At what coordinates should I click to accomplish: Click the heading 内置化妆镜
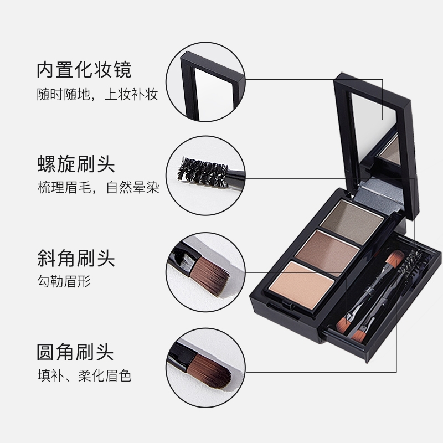click(x=84, y=70)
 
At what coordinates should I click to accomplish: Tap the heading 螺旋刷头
click(x=76, y=164)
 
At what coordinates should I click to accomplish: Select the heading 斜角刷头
click(x=76, y=258)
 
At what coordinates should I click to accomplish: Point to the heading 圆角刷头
click(x=75, y=352)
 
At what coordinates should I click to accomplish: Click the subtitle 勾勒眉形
click(x=64, y=281)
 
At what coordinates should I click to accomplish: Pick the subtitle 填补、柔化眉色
click(x=85, y=376)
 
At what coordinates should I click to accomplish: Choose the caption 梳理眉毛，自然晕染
click(x=99, y=187)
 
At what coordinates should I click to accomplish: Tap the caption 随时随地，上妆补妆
click(x=97, y=94)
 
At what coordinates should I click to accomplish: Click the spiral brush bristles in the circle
click(x=202, y=172)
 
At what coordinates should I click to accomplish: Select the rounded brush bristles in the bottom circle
click(x=212, y=370)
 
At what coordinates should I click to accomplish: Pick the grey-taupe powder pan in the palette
click(x=352, y=220)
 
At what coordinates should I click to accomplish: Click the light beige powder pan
click(x=302, y=285)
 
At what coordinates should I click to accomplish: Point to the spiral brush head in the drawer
click(x=413, y=262)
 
